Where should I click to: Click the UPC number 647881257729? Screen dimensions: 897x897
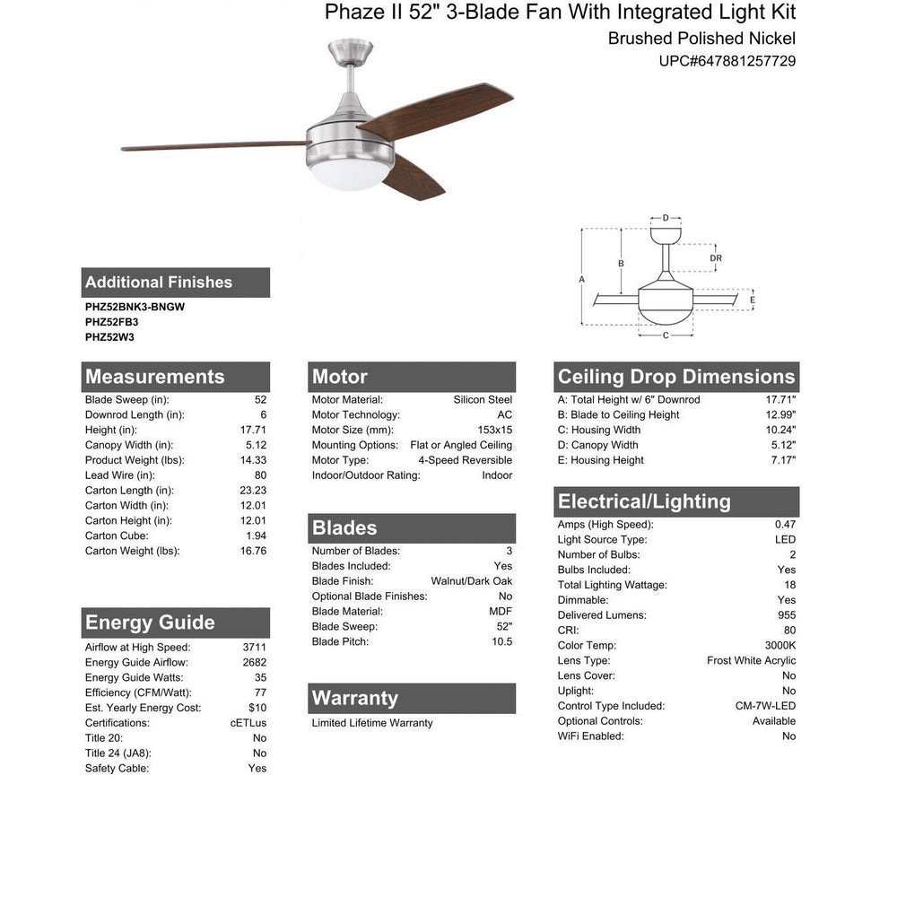[727, 62]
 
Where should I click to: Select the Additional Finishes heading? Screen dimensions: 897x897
[159, 283]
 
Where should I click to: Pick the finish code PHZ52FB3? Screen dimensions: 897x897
[111, 322]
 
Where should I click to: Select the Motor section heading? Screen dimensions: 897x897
[340, 377]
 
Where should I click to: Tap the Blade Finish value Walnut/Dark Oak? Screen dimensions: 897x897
[471, 581]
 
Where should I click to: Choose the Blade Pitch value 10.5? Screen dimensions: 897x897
[502, 641]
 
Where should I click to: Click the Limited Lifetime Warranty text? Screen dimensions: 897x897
[372, 723]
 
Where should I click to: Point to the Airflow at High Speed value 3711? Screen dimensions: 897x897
[254, 647]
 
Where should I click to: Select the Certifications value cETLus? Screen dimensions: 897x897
[248, 723]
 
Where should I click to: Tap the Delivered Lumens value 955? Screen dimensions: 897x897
[787, 615]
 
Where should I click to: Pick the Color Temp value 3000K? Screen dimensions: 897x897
[779, 646]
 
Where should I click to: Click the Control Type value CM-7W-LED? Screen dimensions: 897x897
[765, 706]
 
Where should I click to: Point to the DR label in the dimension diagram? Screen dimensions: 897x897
[715, 258]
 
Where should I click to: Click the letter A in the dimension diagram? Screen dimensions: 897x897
[582, 279]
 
